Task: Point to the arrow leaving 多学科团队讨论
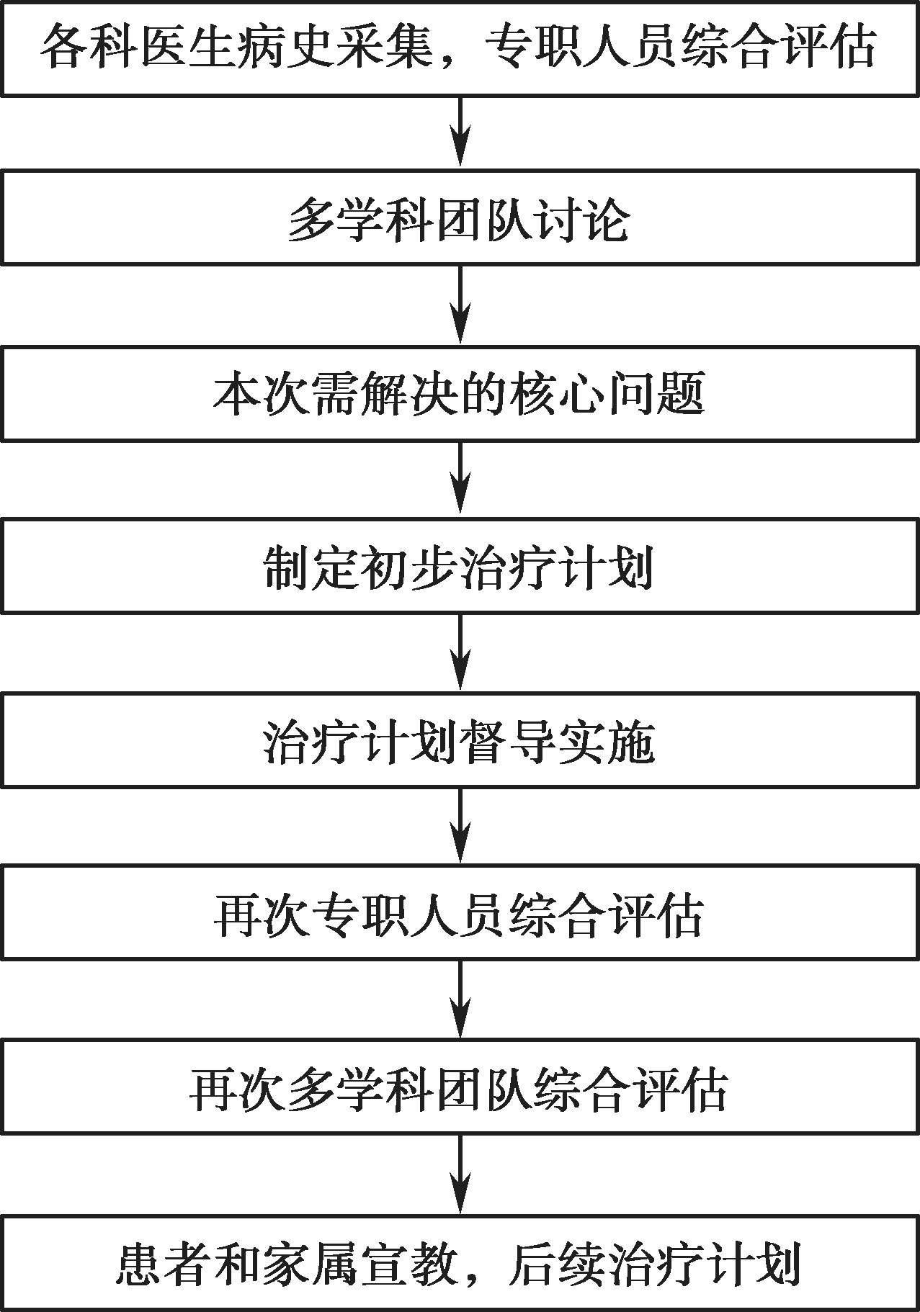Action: pos(460,305)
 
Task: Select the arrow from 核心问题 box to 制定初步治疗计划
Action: pos(460,480)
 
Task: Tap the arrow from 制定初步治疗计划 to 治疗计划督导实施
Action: pos(460,654)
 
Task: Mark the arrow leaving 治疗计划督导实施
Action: pos(460,827)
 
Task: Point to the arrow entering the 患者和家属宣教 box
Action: pos(460,1175)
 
